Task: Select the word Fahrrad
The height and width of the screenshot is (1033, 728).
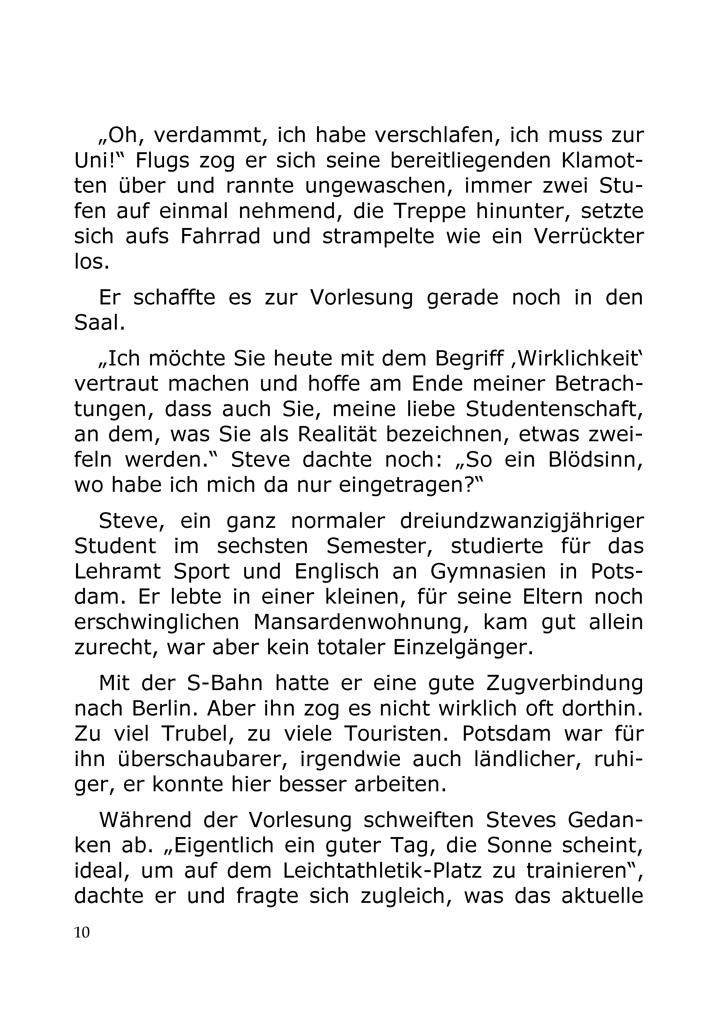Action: (220, 236)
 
